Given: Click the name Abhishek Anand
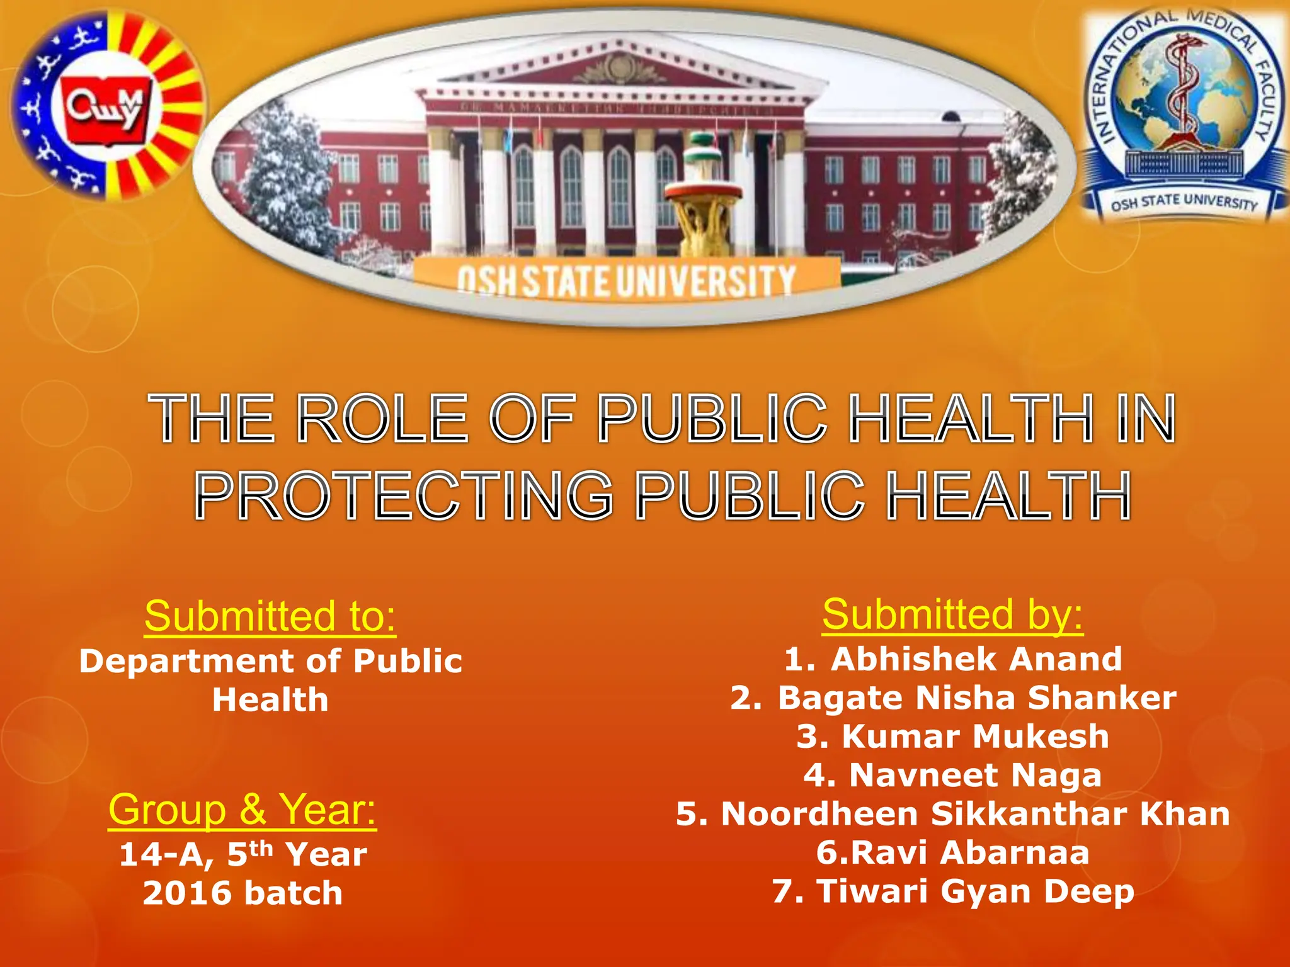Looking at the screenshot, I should pos(953,659).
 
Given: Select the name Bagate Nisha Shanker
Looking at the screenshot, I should pos(953,698).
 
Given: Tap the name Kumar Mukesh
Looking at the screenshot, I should pos(953,737).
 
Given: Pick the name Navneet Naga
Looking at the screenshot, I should pos(953,775).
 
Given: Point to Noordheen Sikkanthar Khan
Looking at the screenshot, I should pos(953,814).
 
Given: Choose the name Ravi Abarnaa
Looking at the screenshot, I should pos(953,852).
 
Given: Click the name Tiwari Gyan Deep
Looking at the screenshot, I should pos(953,891).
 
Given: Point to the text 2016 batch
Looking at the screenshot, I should pos(243,893).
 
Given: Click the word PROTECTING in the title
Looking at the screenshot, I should pos(404,497).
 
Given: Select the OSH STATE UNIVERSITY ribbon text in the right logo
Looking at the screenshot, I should pos(1184,202).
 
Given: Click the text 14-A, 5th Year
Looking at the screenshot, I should pos(243,855).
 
